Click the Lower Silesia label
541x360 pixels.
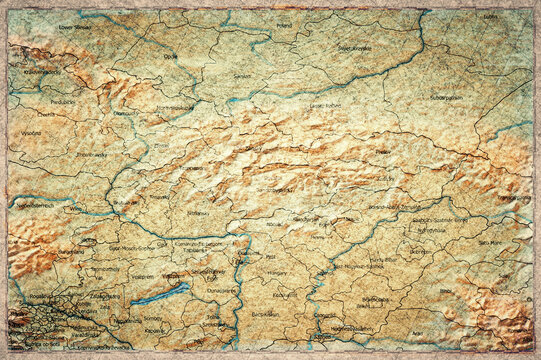click(74, 27)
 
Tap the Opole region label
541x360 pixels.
click(170, 57)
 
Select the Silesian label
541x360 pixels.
click(242, 76)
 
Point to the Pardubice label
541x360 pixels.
click(63, 101)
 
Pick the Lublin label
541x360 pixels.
click(489, 17)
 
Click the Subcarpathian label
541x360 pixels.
click(446, 98)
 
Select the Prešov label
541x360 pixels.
click(383, 152)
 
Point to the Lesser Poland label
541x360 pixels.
click(325, 104)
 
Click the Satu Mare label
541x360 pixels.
click(490, 242)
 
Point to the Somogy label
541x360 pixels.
click(153, 319)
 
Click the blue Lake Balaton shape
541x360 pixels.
click(160, 294)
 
